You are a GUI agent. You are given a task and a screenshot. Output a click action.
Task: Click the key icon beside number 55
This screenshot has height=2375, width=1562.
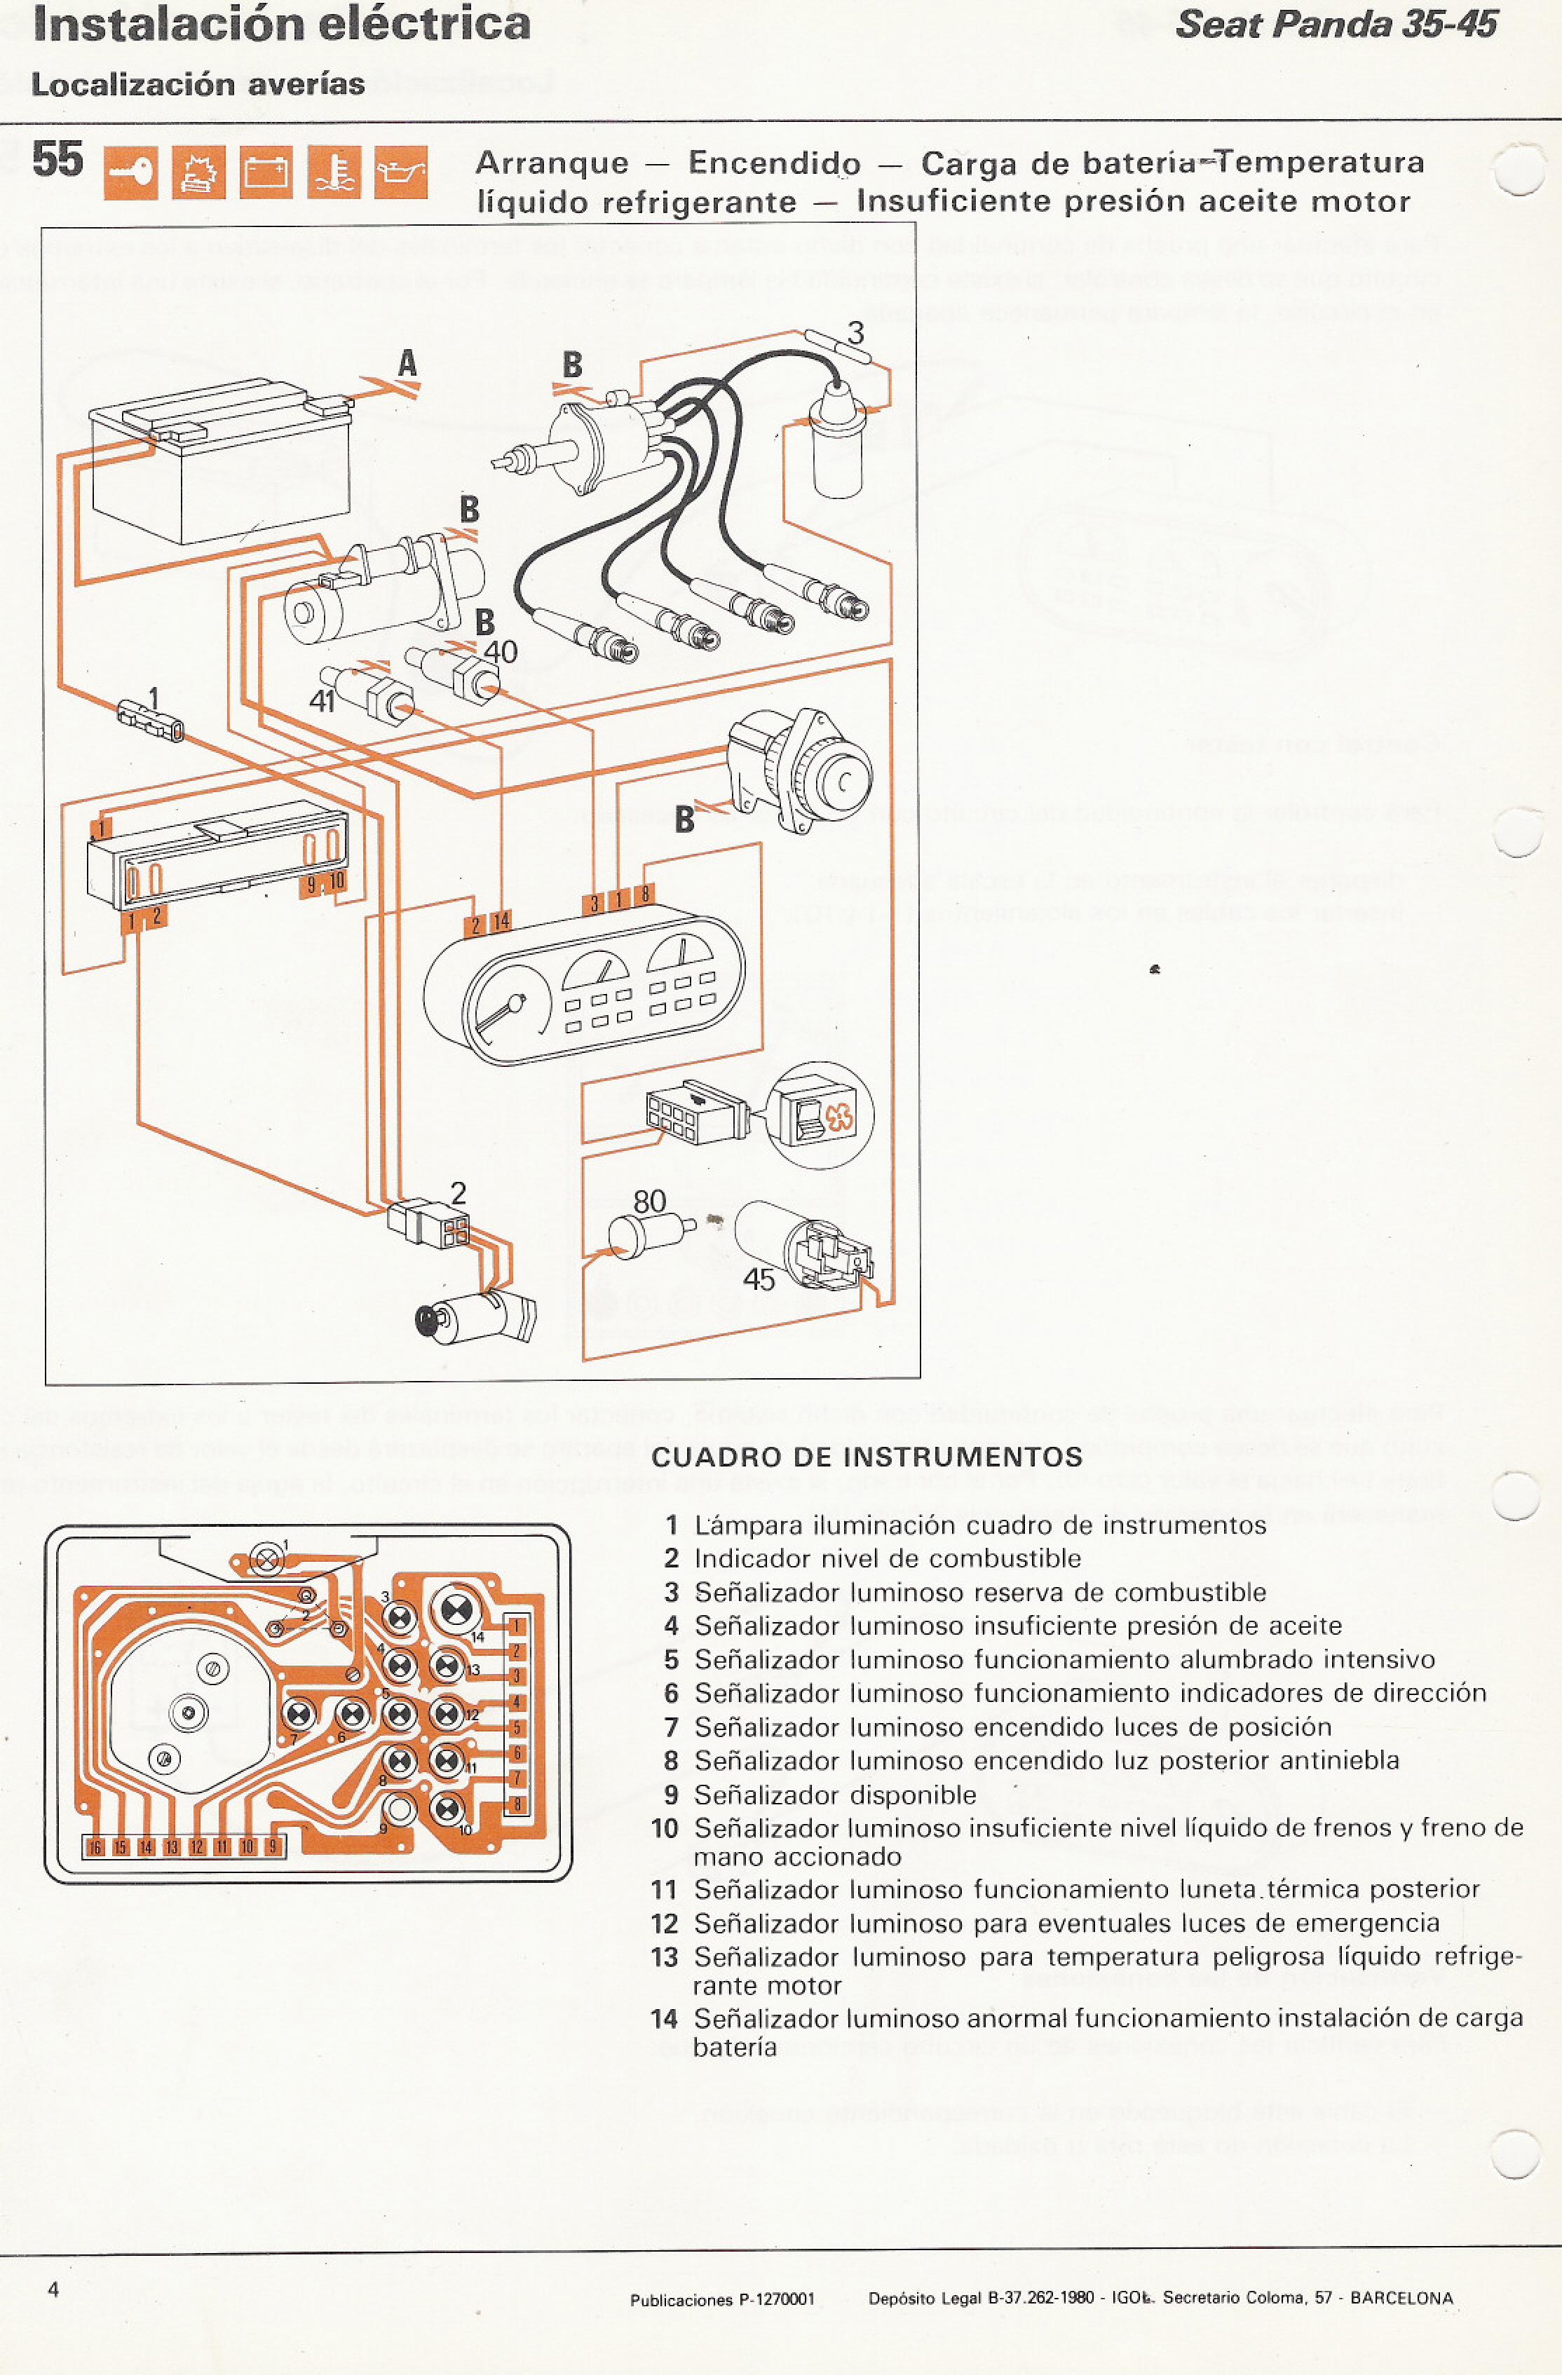click(130, 172)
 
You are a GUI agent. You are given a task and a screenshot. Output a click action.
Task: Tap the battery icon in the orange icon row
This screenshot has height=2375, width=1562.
click(266, 172)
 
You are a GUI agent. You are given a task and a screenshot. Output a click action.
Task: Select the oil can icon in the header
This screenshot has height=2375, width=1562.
click(401, 172)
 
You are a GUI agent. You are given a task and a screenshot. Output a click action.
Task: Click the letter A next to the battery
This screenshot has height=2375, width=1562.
click(407, 365)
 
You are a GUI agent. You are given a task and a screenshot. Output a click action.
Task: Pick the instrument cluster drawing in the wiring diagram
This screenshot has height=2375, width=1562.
click(584, 988)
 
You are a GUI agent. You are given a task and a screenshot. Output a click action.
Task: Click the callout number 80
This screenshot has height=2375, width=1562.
click(650, 1202)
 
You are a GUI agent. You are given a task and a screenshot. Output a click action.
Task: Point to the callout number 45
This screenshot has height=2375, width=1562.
click(759, 1280)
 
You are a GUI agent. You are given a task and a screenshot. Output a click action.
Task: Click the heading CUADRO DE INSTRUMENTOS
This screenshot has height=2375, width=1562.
click(867, 1457)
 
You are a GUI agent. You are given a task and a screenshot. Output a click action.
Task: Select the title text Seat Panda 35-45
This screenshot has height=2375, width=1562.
click(1336, 25)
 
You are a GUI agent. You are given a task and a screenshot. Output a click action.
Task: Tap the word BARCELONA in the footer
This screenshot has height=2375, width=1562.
click(1401, 2298)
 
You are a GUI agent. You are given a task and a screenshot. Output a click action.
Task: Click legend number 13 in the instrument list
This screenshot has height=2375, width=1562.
click(665, 1957)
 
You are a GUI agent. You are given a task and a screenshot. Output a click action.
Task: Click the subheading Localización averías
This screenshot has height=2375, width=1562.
click(198, 85)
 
